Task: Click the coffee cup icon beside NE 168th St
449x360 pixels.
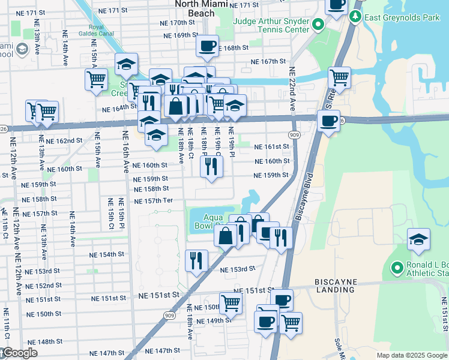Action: (208, 46)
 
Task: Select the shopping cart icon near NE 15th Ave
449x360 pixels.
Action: (96, 79)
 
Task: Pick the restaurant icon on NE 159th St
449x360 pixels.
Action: (211, 165)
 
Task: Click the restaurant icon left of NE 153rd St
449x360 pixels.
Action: (196, 259)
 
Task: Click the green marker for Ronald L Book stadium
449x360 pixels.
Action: (396, 268)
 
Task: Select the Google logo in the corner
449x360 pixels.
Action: (19, 353)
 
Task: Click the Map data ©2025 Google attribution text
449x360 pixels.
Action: (411, 355)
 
